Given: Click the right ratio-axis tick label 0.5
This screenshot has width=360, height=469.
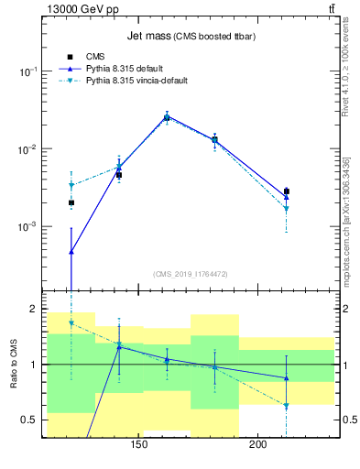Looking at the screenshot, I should point(350,420).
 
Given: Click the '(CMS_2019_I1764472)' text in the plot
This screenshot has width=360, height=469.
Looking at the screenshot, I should point(191,273).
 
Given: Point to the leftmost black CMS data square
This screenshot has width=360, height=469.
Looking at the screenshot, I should point(71,202).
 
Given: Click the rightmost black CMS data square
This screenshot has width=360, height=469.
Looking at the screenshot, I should point(286,191).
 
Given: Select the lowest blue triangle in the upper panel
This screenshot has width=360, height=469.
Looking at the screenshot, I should point(71,251).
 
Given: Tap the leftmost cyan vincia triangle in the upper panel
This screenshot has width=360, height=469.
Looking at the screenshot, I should point(71,186).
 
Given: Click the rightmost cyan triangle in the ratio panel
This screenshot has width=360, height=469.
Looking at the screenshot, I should point(286,406).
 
